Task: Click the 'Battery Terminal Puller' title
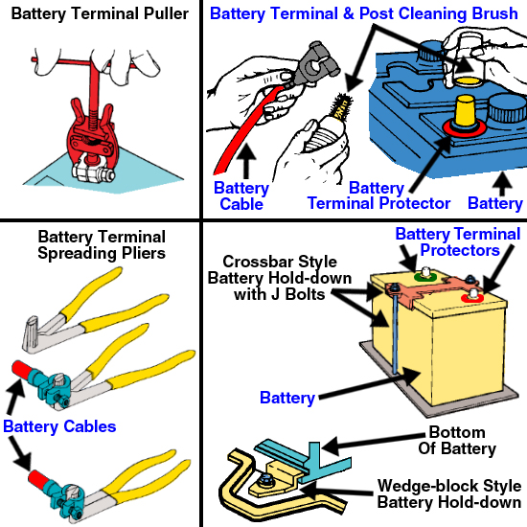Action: point(100,14)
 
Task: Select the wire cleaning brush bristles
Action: point(342,104)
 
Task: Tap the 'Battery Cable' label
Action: point(241,195)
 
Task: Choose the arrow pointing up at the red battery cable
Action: point(246,161)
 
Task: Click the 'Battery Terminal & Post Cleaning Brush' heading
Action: point(364,14)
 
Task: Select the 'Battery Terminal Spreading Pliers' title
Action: point(102,245)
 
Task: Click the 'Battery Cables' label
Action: point(59,426)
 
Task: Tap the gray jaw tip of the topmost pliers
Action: point(31,334)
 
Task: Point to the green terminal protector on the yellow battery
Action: point(424,277)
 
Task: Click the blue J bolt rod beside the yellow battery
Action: point(396,332)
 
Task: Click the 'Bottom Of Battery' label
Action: point(457,441)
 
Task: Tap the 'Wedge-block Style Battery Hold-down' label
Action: point(449,494)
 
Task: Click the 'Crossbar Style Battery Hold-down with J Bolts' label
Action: point(280,278)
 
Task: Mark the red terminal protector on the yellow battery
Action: point(471,298)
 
